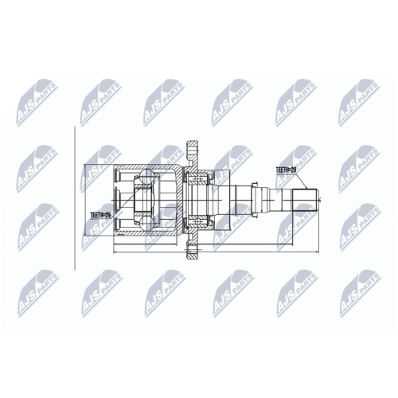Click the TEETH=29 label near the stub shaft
coord(287,170)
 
